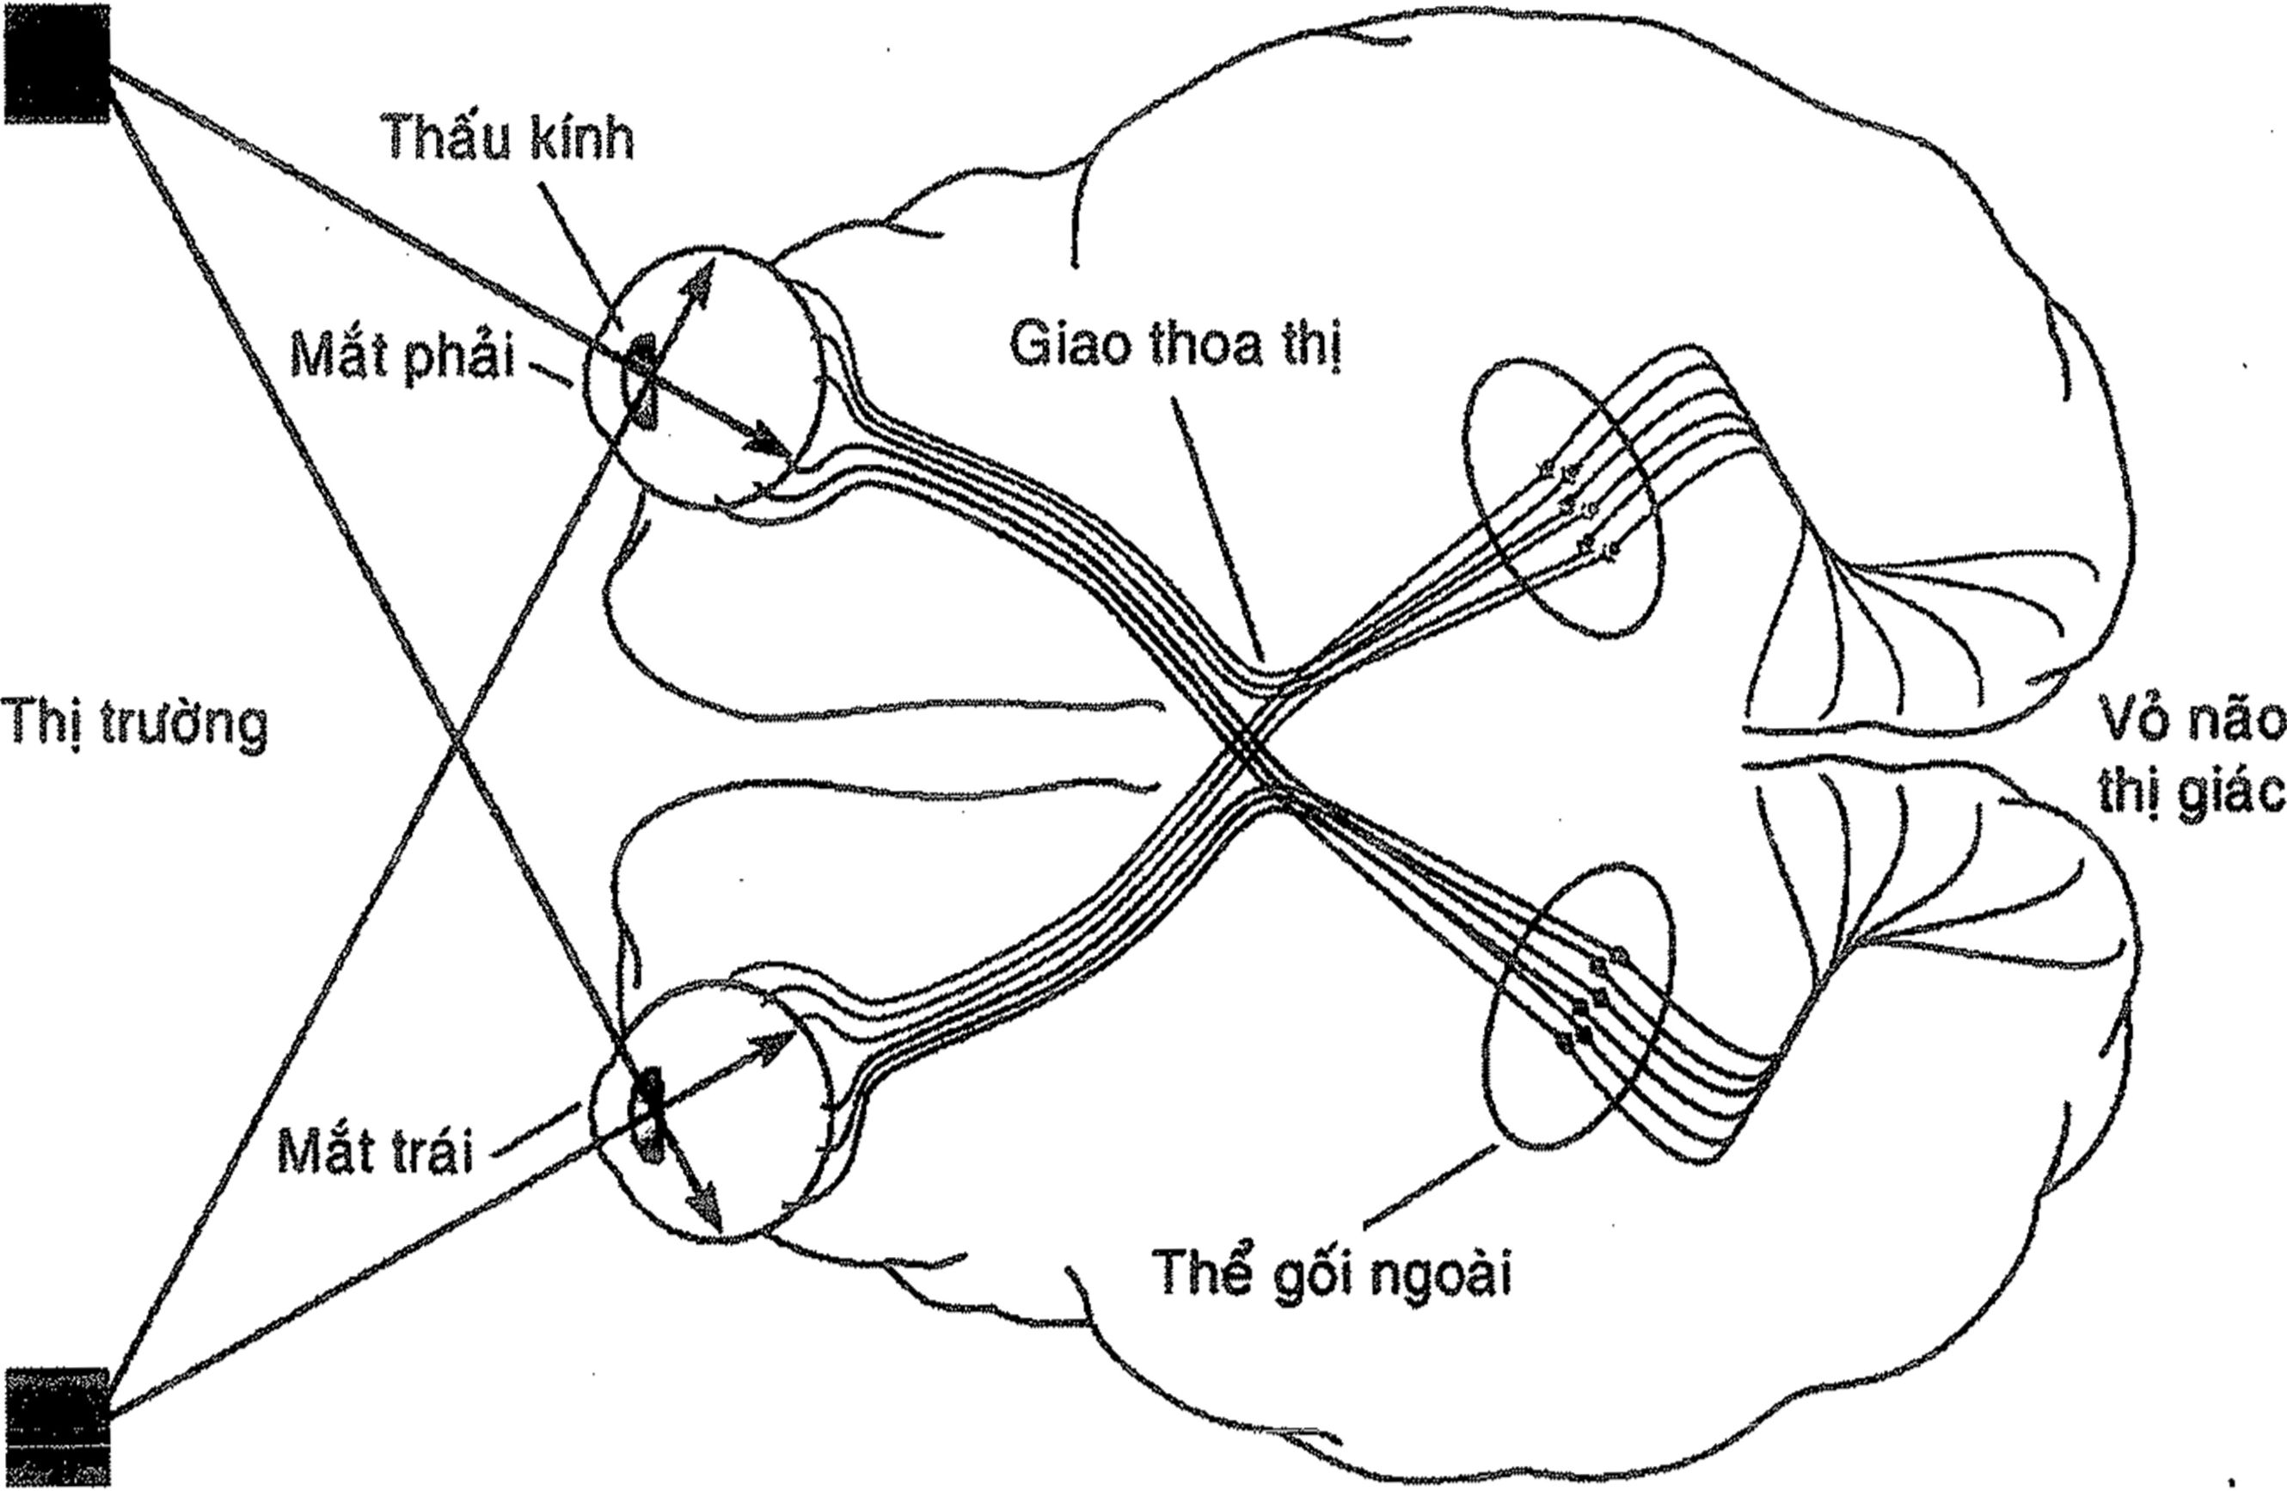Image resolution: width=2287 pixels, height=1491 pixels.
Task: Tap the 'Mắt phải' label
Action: click(402, 358)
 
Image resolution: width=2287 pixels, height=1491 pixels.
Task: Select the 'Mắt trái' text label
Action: click(376, 1149)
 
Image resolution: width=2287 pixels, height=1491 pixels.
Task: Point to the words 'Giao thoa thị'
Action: click(1174, 344)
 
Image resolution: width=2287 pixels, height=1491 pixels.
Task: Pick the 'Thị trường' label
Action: click(134, 723)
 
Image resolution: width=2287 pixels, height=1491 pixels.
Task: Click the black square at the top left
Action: click(58, 64)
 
